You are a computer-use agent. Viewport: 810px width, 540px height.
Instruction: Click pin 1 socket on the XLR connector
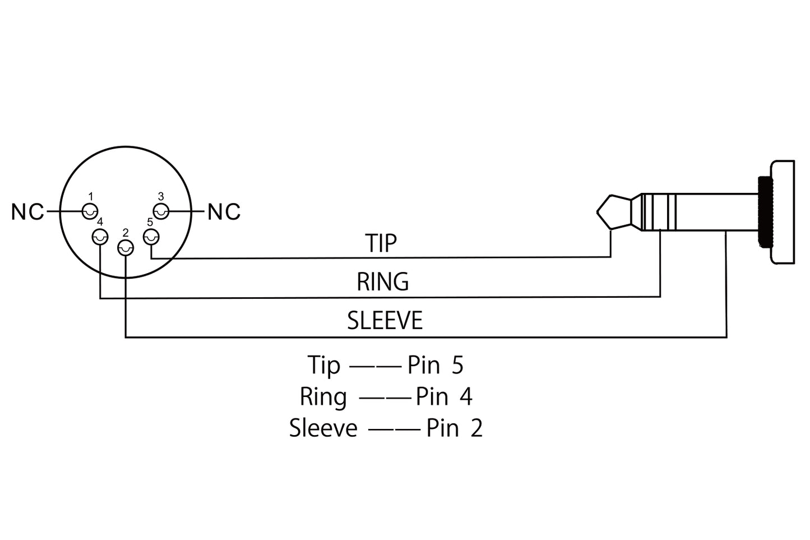(x=90, y=211)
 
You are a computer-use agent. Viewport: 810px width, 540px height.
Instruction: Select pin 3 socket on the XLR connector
(x=161, y=211)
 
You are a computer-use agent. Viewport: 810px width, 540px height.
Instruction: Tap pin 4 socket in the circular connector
(x=100, y=237)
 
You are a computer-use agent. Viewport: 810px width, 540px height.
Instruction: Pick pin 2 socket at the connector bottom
(x=125, y=248)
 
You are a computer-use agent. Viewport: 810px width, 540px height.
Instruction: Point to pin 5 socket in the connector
(x=151, y=237)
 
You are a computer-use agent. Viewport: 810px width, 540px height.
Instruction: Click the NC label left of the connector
(x=28, y=212)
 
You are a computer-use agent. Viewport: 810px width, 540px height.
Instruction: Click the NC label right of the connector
(x=224, y=212)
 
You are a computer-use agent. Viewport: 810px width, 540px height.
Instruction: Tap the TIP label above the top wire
(x=381, y=243)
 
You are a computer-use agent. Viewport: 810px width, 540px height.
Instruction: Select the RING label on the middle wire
(x=383, y=281)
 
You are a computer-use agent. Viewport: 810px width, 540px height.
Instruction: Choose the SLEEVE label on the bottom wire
(x=385, y=321)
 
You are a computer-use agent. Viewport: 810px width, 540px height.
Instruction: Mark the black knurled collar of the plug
(x=763, y=211)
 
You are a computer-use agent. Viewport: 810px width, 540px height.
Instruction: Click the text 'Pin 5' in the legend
(x=436, y=365)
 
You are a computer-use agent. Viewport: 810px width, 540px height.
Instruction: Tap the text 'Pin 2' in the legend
(x=454, y=428)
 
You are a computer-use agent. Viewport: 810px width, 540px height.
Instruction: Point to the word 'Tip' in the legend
(x=323, y=366)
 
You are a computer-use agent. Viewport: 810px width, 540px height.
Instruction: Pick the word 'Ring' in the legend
(x=323, y=397)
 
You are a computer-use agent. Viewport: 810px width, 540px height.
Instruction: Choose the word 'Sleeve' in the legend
(x=323, y=428)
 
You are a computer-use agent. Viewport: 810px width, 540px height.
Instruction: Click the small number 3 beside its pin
(x=161, y=196)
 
